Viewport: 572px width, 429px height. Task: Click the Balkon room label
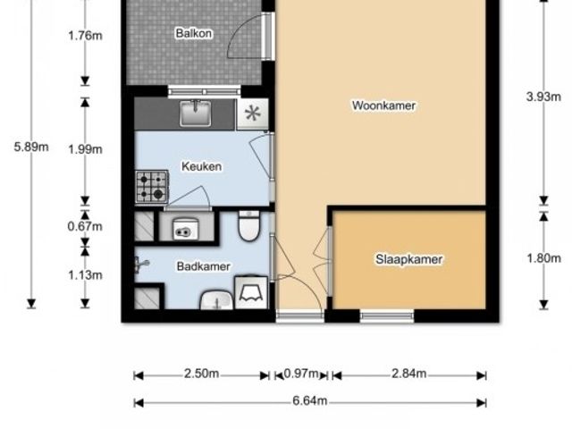coord(194,33)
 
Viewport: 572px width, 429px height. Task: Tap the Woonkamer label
coord(383,105)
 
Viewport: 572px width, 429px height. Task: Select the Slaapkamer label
coord(409,259)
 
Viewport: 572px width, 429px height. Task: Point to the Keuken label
coord(202,166)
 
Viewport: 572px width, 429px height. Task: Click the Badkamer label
coord(204,266)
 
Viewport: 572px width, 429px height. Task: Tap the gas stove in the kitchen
coord(152,187)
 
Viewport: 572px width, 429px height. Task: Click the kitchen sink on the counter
coord(196,114)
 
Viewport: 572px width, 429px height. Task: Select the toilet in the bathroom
coord(248,225)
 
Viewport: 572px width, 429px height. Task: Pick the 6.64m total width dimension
coord(310,401)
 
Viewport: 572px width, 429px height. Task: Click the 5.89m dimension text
coord(31,147)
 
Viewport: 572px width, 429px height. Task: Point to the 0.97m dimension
coord(301,374)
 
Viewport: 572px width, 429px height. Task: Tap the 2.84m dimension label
coord(409,374)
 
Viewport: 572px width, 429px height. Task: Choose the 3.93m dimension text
coord(544,97)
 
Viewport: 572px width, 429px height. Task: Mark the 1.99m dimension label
coord(86,149)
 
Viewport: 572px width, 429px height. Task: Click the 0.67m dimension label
coord(85,226)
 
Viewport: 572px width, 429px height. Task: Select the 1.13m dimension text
coord(86,275)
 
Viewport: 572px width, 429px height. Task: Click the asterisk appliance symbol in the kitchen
coord(252,114)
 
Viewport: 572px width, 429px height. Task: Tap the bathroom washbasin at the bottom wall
coord(216,301)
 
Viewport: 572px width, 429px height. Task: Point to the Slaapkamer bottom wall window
coord(387,315)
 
